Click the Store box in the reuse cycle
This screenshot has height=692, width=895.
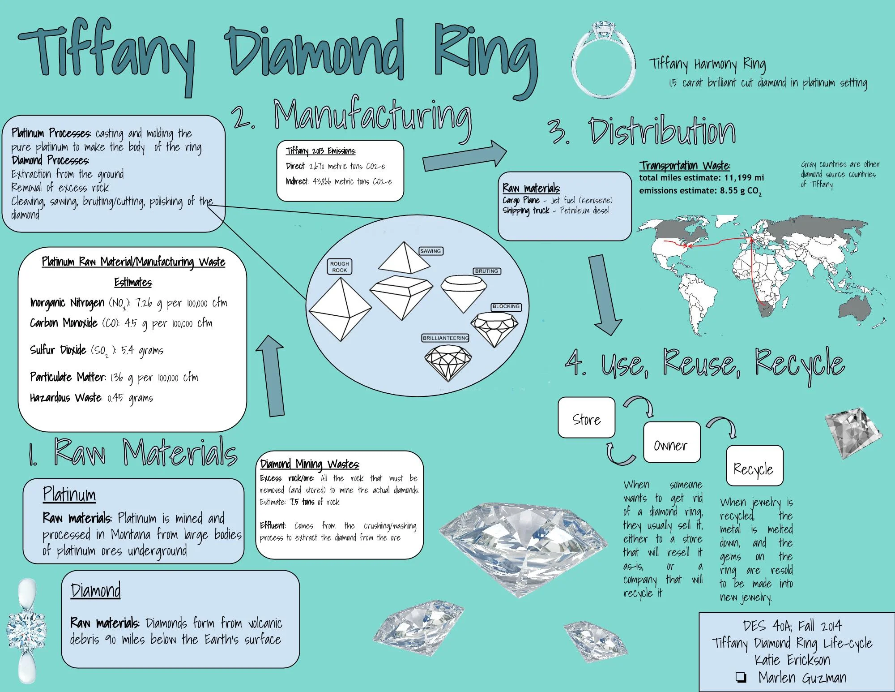[x=586, y=417]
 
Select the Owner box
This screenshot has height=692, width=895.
[x=671, y=443]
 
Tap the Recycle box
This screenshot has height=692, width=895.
[x=754, y=466]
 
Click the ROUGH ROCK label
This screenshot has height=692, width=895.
[x=340, y=267]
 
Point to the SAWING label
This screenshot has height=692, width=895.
[x=430, y=251]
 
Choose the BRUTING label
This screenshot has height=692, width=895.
[x=486, y=271]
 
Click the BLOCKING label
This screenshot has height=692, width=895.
[x=506, y=306]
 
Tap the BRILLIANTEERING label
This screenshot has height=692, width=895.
[x=445, y=338]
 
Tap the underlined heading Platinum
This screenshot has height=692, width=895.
[x=69, y=494]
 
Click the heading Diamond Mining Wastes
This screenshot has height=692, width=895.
[x=310, y=464]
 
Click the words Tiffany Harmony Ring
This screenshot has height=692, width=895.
[x=707, y=64]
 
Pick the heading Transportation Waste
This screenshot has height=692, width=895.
[x=685, y=166]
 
